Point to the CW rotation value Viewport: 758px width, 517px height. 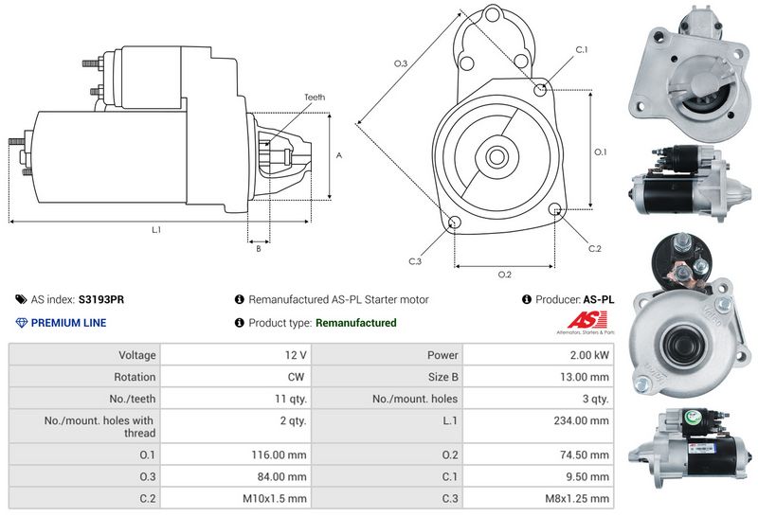point(298,377)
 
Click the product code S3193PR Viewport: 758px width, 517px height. point(100,299)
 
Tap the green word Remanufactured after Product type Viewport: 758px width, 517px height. point(355,323)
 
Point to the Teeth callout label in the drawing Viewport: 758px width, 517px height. point(315,98)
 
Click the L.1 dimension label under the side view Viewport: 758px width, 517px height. point(156,229)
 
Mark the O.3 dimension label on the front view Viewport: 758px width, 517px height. point(401,63)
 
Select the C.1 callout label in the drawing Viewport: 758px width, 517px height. point(582,49)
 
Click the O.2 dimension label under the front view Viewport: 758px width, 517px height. point(505,275)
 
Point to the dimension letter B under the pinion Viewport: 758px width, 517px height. point(258,249)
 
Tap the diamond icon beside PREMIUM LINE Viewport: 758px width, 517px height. point(21,323)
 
